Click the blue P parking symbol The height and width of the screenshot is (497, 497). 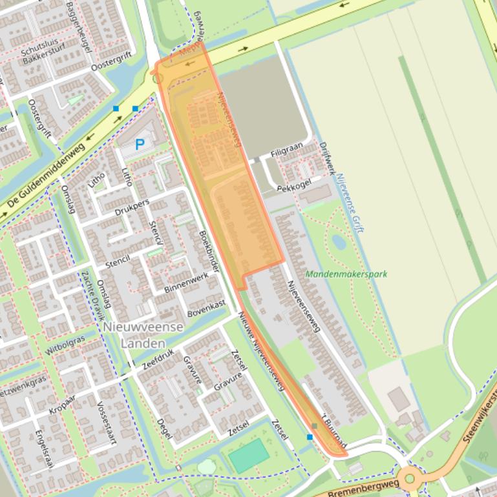click(x=139, y=145)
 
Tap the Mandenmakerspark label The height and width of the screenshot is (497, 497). click(x=346, y=274)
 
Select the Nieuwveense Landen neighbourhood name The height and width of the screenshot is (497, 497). click(x=143, y=335)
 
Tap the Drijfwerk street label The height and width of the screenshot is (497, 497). click(x=328, y=158)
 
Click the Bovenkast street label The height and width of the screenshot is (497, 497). click(x=206, y=308)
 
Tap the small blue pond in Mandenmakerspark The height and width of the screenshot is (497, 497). click(x=339, y=242)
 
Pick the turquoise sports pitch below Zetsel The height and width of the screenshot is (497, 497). click(x=248, y=455)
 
